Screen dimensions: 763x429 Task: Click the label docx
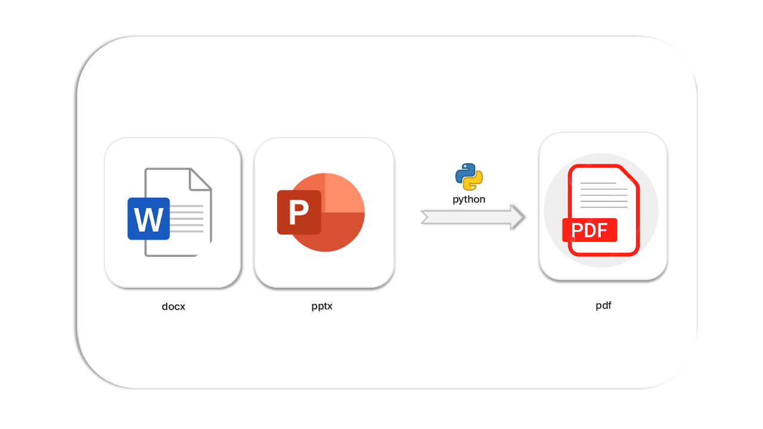coord(173,307)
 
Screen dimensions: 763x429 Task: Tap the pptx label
coord(322,307)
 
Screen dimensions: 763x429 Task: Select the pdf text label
coord(603,306)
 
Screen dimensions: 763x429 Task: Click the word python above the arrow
coord(469,200)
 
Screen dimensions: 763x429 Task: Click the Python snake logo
coord(469,176)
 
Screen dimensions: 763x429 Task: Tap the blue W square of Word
coord(148,219)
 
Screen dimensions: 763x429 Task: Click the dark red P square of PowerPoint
coord(299,212)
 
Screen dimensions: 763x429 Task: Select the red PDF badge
coord(590,230)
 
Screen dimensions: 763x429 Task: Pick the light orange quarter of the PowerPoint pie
coord(344,194)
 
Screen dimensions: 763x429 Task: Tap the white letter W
coord(148,219)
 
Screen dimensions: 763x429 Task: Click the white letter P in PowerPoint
coord(299,213)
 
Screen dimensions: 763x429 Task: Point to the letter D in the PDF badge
coord(590,231)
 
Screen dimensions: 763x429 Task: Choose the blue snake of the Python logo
coord(464,172)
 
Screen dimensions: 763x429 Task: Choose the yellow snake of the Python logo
coord(474,181)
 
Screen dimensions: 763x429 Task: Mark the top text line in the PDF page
coord(598,183)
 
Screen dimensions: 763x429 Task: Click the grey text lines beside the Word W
coord(188,219)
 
